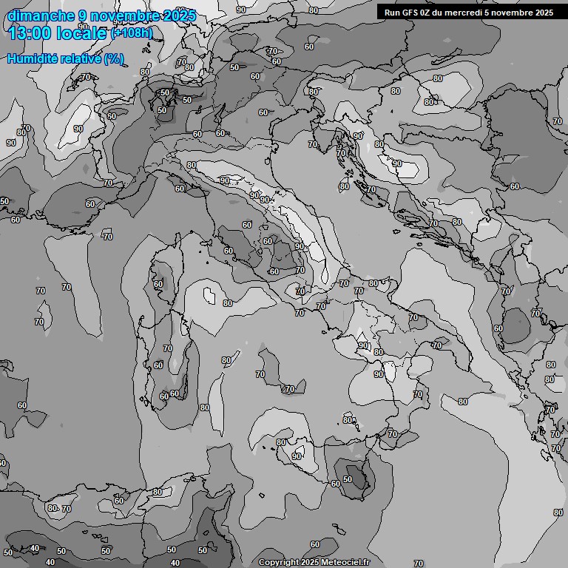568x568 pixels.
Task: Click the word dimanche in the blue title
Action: [41, 16]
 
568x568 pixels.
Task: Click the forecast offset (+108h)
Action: [132, 33]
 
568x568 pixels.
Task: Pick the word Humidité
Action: [32, 58]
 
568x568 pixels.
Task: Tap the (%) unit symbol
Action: [114, 58]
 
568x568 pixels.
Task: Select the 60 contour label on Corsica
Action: [158, 284]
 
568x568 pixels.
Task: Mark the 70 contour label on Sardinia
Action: [168, 348]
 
